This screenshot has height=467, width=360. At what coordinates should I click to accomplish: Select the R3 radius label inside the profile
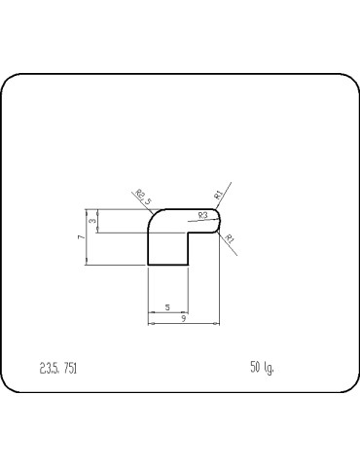(x=202, y=215)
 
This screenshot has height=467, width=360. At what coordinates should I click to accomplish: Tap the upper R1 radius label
(x=219, y=193)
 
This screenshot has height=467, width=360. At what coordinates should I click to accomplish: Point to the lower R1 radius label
(x=229, y=238)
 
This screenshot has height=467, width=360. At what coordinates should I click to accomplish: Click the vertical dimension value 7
(x=82, y=236)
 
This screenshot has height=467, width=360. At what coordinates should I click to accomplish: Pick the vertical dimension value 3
(x=91, y=222)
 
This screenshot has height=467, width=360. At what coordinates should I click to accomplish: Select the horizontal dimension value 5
(x=167, y=307)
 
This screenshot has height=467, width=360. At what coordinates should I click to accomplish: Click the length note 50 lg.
(x=262, y=367)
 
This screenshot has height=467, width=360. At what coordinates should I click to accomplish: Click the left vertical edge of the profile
(x=147, y=248)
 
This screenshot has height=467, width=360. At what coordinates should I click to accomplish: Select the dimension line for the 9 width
(x=184, y=324)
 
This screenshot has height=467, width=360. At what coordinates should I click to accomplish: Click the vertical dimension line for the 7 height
(x=87, y=236)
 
